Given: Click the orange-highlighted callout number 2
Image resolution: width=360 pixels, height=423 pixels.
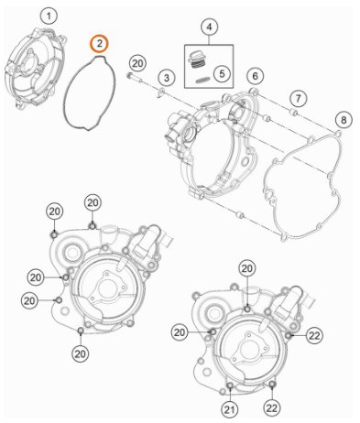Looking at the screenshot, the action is tap(99, 44).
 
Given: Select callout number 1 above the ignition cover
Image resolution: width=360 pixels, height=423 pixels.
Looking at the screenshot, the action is tap(49, 16).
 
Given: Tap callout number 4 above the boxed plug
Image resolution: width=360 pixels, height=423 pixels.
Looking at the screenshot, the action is tap(209, 27).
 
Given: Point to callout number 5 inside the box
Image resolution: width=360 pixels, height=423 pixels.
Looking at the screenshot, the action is tap(222, 73).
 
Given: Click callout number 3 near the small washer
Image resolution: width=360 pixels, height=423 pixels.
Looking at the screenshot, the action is tap(167, 78).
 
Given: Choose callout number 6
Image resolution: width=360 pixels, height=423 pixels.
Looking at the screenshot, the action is tap(255, 76).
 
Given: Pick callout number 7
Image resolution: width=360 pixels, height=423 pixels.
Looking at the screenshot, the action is tap(298, 98).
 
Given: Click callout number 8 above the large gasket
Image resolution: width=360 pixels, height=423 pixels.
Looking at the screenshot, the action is tap(344, 120).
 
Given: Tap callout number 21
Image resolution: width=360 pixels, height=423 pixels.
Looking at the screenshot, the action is tap(230, 409).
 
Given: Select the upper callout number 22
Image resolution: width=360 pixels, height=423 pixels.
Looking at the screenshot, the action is tap(314, 335).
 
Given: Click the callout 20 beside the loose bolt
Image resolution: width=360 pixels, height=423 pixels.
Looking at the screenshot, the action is tap(137, 64).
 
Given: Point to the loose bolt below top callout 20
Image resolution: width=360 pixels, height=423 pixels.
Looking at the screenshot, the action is tap(135, 78).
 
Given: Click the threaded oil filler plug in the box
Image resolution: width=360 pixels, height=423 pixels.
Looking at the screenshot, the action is tap(195, 61).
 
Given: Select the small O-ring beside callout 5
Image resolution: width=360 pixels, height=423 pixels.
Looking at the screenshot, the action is tap(202, 81).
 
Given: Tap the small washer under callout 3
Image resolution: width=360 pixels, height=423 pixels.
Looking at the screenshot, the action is tap(160, 93).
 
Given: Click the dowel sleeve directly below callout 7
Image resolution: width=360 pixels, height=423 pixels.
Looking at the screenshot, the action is tap(294, 113).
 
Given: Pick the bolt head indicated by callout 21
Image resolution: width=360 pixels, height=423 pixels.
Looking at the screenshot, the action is tap(231, 385).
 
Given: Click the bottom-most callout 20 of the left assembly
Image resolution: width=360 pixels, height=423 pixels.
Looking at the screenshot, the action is tap(81, 353).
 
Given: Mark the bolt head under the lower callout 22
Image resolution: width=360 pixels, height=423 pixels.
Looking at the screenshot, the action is tap(272, 384).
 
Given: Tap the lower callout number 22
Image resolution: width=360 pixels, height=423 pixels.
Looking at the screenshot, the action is tap(272, 407).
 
